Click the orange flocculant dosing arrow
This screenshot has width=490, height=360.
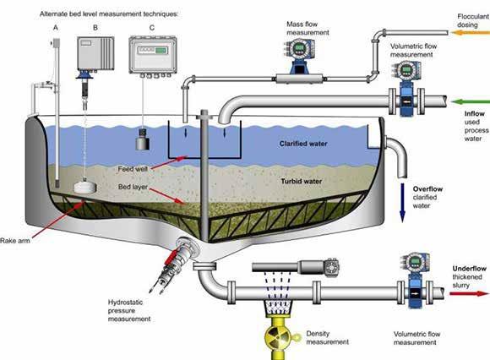(470, 32)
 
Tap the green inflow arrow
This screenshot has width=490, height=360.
(470, 102)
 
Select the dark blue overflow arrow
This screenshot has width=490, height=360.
(402, 203)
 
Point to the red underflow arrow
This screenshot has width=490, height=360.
(469, 293)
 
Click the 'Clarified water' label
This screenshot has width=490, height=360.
(303, 144)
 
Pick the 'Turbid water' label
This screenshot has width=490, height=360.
(301, 181)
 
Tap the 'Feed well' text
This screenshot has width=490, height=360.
(133, 169)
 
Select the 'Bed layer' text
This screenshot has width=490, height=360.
(133, 187)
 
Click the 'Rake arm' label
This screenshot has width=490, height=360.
(15, 241)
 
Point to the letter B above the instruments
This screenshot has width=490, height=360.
(95, 28)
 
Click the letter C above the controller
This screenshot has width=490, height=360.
(152, 28)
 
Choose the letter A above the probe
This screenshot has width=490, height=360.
(56, 28)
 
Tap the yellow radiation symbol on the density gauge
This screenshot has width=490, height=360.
(275, 336)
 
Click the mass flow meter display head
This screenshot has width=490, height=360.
(299, 49)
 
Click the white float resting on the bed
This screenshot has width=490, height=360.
(85, 187)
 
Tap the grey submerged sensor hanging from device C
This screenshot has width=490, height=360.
(142, 139)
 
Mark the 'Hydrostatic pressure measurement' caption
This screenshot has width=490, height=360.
(129, 311)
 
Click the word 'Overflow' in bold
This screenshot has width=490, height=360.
(427, 189)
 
